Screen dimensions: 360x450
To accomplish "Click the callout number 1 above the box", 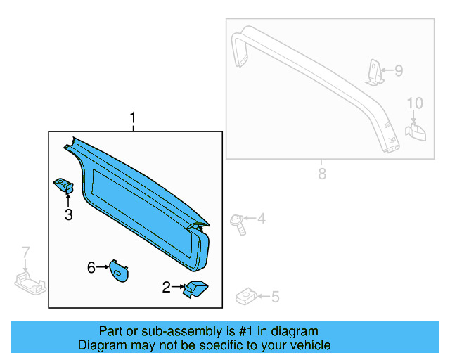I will (132, 117).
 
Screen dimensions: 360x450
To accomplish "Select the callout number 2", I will (167, 287).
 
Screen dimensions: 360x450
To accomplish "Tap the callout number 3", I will (68, 215).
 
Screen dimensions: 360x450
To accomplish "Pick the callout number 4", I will (261, 219).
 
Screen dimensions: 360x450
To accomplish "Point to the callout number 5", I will (275, 297).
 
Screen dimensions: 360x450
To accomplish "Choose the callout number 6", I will (91, 267).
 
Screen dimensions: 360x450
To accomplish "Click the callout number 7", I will (26, 252).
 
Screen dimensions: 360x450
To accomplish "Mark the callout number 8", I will (321, 173).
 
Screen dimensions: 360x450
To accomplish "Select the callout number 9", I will (398, 70).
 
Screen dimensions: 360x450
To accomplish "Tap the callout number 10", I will (415, 103).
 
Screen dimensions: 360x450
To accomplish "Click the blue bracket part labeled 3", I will (65, 186).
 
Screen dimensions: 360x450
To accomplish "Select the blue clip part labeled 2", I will (194, 288).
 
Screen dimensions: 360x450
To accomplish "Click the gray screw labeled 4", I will (237, 221).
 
